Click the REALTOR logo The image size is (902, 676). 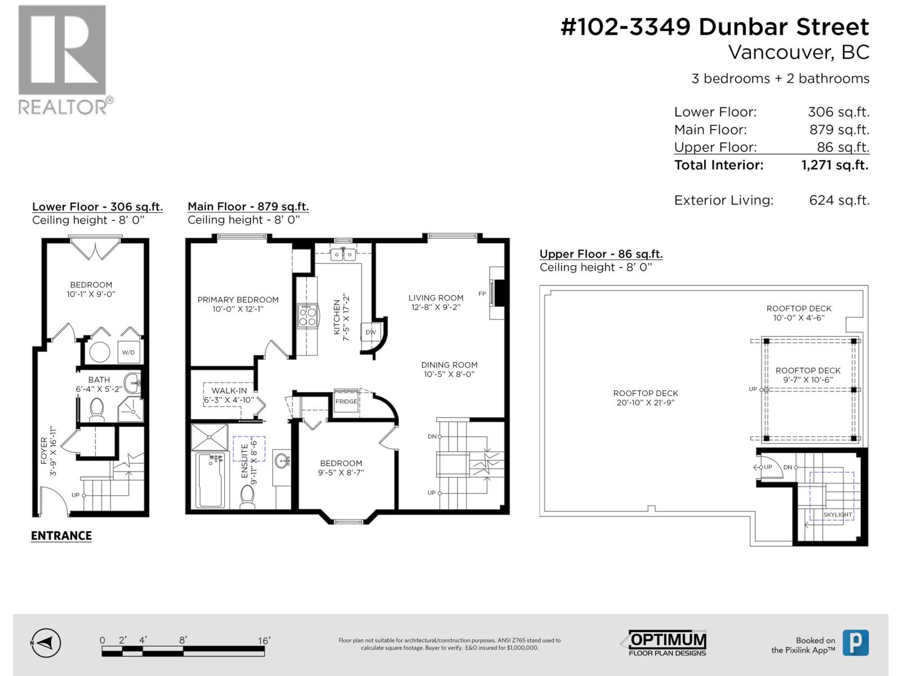point(62,59)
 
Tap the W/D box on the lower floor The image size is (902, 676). point(129,353)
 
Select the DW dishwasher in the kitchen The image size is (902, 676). point(370,332)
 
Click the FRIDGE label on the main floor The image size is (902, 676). point(346,402)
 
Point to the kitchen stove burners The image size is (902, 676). point(307,316)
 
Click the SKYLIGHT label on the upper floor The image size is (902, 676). point(837,515)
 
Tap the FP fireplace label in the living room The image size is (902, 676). point(482,293)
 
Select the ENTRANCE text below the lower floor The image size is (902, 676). point(61,536)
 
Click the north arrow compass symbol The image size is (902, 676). point(46,643)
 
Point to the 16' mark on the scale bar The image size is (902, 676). point(264,641)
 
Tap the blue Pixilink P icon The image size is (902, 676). point(855,643)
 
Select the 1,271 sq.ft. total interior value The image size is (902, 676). point(834,165)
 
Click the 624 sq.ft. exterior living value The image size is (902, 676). point(839,200)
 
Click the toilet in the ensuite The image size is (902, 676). point(247,496)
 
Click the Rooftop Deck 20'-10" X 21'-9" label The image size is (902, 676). point(645,398)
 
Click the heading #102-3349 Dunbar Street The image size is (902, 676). point(714,26)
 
